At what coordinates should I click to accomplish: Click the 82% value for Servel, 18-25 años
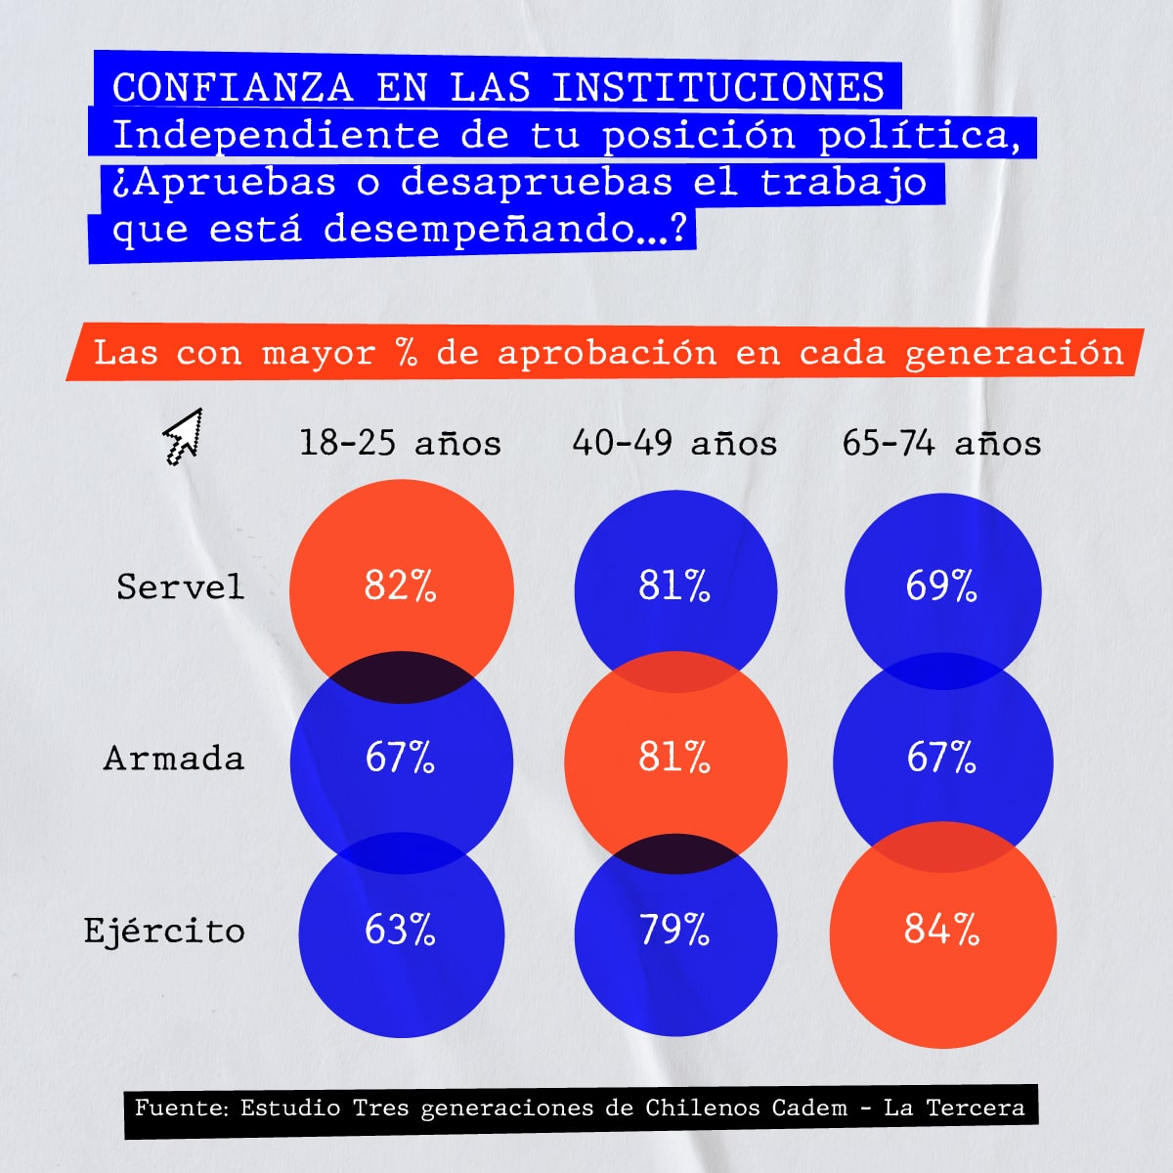pyautogui.click(x=400, y=586)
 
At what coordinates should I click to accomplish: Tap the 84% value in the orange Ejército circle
pyautogui.click(x=940, y=929)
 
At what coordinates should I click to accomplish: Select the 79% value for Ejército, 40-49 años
pyautogui.click(x=674, y=929)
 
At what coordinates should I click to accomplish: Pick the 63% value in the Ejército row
pyautogui.click(x=400, y=929)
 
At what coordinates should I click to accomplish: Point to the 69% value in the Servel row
pyautogui.click(x=940, y=586)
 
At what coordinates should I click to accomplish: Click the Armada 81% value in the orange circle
pyautogui.click(x=674, y=758)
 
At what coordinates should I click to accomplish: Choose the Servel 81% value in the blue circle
pyautogui.click(x=674, y=586)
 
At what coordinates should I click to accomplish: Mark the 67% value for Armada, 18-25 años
pyautogui.click(x=400, y=758)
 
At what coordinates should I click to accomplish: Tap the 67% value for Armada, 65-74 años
pyautogui.click(x=940, y=758)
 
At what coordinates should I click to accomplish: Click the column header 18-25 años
pyautogui.click(x=400, y=443)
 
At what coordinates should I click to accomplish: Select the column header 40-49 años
pyautogui.click(x=674, y=443)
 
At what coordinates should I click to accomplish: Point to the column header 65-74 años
pyautogui.click(x=941, y=443)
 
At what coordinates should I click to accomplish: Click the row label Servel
pyautogui.click(x=180, y=586)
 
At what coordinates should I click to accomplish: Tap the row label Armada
pyautogui.click(x=174, y=759)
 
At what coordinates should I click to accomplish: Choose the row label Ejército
pyautogui.click(x=164, y=931)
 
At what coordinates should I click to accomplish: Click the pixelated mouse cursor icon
pyautogui.click(x=183, y=436)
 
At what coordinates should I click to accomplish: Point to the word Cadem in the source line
pyautogui.click(x=809, y=1108)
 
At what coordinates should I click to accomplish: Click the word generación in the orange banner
pyautogui.click(x=1015, y=352)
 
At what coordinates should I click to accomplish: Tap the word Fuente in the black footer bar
pyautogui.click(x=180, y=1108)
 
